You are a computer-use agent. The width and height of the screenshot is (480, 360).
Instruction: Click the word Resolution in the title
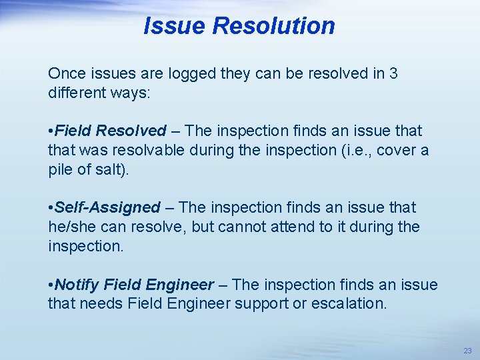[273, 26]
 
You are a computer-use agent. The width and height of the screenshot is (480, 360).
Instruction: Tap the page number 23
[467, 350]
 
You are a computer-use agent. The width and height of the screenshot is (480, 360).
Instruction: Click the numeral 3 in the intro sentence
[393, 73]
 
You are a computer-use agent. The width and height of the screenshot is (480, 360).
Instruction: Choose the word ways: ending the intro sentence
[132, 93]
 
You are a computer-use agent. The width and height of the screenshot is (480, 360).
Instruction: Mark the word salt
[112, 169]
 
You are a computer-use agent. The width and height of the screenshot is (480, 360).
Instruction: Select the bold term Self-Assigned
[108, 207]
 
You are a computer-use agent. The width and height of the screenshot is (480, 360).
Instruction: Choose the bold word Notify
[77, 285]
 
